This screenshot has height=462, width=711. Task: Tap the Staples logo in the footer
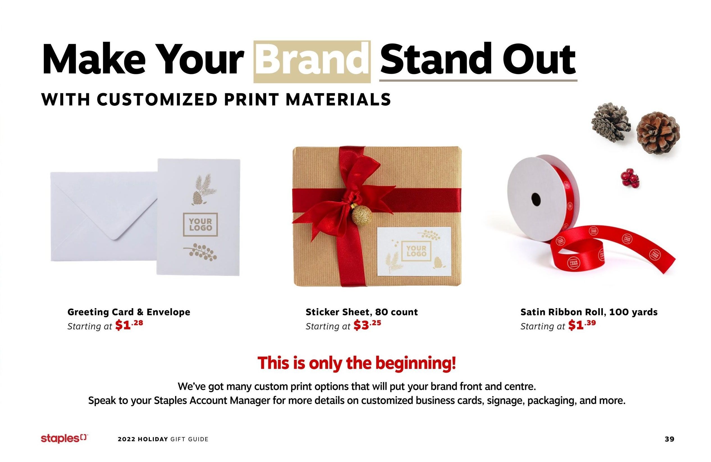65,438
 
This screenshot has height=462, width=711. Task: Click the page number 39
669,439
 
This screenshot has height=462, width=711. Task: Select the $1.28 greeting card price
129,325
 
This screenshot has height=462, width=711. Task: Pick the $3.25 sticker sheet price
367,325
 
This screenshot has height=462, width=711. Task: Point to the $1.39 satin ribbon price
582,325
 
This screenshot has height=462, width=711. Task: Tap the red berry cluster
630,178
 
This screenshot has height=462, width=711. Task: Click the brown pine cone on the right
659,133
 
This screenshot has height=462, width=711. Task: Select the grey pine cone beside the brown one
611,121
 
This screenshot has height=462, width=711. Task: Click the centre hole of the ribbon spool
536,198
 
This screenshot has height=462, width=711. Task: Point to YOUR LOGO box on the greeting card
200,225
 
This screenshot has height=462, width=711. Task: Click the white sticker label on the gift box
414,251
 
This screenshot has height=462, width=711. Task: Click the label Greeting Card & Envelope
129,312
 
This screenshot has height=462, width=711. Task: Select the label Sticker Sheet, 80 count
362,312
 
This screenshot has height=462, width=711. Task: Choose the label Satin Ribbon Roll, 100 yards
589,312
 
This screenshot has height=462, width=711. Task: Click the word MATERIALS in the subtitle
338,100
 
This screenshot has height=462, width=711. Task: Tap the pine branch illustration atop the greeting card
202,189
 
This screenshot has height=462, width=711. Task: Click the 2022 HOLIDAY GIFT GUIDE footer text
163,439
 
